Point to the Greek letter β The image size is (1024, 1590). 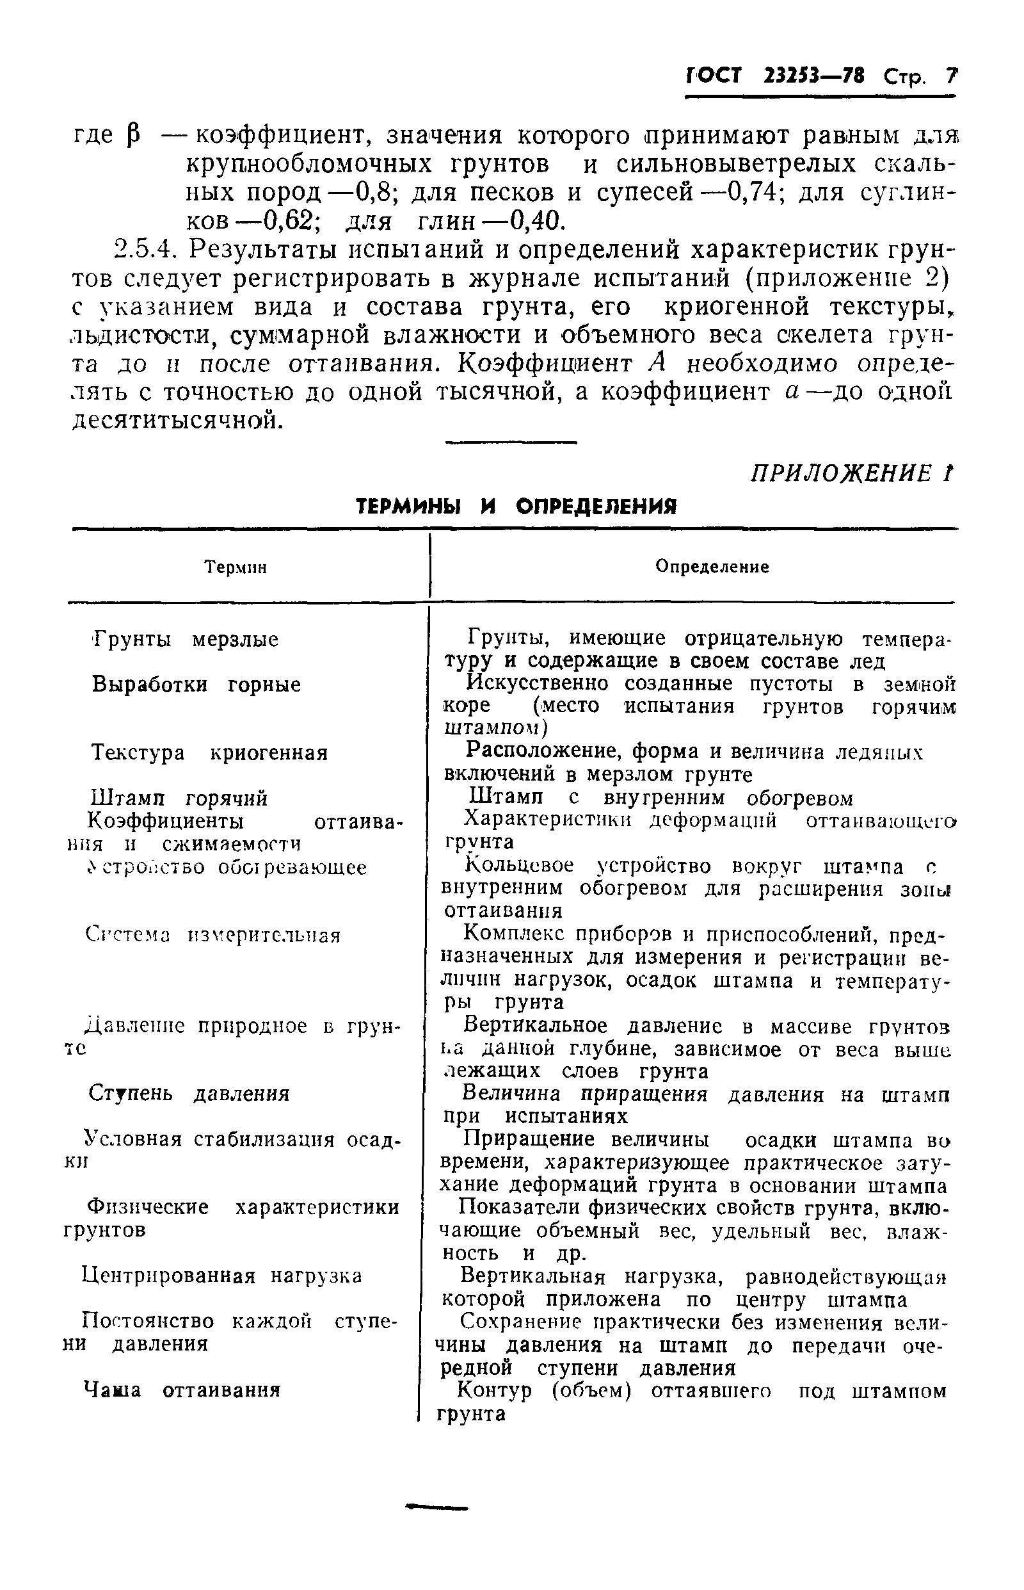point(132,137)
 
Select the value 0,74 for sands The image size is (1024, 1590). point(753,192)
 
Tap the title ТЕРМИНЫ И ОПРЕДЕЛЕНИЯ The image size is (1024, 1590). point(516,508)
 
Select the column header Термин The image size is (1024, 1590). point(236,567)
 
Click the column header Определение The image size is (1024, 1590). point(712,567)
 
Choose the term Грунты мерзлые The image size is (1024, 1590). point(186,640)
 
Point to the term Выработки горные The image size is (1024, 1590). point(196,685)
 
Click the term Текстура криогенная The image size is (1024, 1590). point(209,753)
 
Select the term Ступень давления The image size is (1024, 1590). point(189,1094)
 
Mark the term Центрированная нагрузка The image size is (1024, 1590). point(222,1276)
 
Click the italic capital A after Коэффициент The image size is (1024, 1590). point(658,364)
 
